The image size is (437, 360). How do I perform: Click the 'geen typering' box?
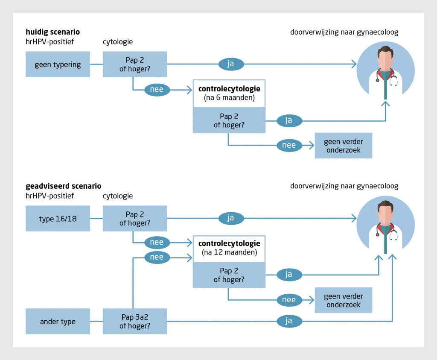(58, 64)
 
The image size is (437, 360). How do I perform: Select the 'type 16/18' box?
(58, 218)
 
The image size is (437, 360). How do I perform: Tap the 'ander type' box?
(58, 321)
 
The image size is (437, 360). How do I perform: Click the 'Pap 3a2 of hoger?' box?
(135, 321)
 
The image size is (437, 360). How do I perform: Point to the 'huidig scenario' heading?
(52, 32)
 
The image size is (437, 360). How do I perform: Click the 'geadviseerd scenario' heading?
(64, 186)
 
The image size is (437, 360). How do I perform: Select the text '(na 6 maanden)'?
(229, 98)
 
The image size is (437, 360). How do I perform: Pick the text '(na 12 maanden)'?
(229, 252)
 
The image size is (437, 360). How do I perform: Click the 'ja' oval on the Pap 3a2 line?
(289, 321)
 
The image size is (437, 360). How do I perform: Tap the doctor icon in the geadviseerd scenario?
(385, 225)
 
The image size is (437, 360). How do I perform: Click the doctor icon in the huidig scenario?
(385, 70)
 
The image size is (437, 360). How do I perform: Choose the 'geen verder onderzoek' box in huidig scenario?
(344, 146)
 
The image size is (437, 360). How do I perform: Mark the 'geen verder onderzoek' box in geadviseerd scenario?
(344, 300)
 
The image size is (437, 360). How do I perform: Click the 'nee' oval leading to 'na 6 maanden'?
(157, 90)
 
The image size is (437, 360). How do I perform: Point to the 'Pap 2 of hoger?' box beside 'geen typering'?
(135, 64)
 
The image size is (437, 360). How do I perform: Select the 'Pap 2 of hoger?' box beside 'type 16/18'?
(135, 218)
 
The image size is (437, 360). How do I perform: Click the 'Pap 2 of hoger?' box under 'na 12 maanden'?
(229, 275)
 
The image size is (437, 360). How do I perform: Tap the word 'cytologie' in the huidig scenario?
(118, 42)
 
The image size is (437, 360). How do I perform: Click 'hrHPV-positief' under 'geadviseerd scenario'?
(50, 196)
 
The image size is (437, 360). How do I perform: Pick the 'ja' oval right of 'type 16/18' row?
(231, 218)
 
